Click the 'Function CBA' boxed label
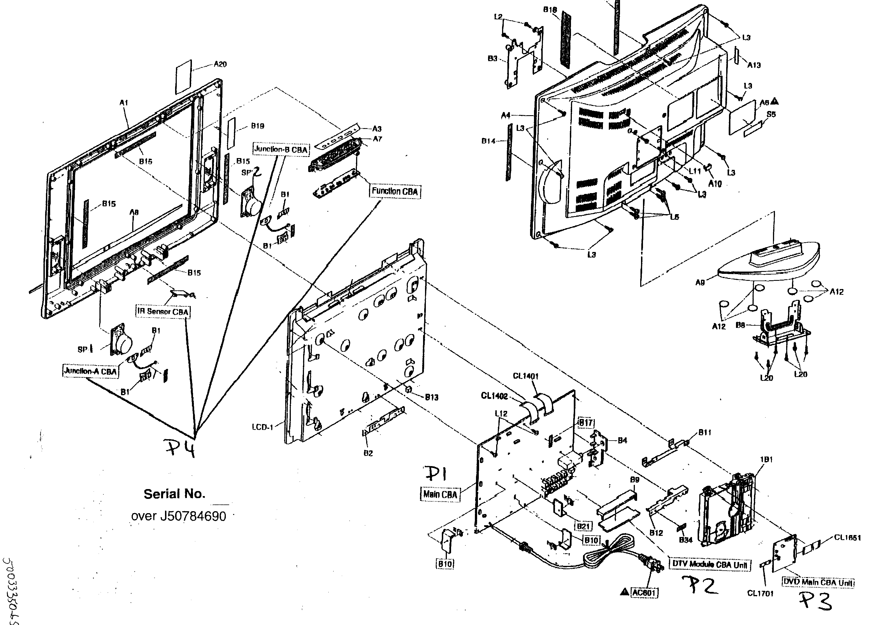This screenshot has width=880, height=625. pos(395,191)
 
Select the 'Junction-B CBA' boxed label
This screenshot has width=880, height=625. pos(281,149)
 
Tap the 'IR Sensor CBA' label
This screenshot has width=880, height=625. pos(163,311)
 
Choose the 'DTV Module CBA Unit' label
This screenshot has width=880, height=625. pos(710,564)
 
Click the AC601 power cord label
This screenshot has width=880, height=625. pos(644,593)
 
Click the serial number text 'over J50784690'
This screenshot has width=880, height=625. pos(178,516)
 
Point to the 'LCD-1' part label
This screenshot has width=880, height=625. pos(262,427)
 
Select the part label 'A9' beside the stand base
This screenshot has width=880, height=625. pos(700,283)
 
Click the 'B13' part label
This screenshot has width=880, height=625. pos(431,397)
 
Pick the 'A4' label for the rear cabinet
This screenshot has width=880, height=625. pos(506,115)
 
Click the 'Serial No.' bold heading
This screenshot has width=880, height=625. pos(174,494)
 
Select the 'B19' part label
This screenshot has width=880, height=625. pos(257,126)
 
